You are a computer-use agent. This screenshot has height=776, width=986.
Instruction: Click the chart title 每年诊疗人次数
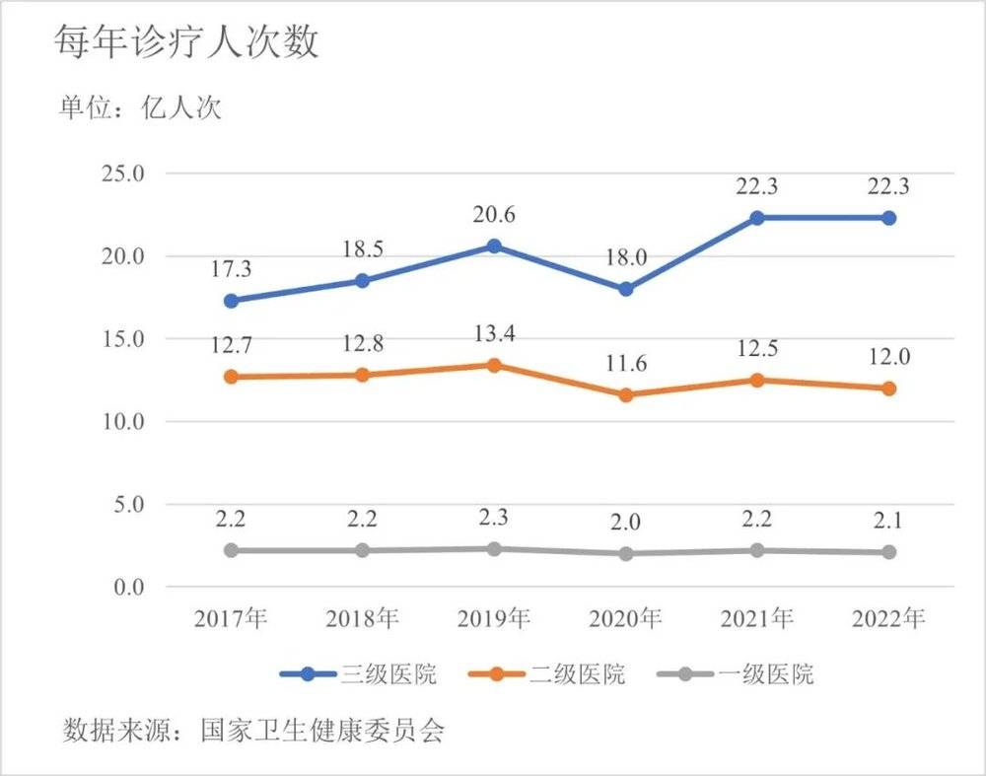click(186, 43)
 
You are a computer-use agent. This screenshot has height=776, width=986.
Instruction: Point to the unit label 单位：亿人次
click(139, 107)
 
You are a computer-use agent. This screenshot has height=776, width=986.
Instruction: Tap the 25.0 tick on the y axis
click(123, 174)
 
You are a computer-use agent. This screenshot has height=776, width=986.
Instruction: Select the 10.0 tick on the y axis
click(123, 421)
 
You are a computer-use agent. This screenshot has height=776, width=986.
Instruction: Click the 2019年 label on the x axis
click(493, 618)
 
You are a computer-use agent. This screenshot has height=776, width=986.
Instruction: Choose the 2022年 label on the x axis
click(888, 618)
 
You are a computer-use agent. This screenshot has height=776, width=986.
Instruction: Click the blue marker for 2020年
click(625, 289)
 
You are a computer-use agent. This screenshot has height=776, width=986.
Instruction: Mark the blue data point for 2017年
click(231, 301)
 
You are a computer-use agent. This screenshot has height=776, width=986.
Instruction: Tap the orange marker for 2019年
click(493, 365)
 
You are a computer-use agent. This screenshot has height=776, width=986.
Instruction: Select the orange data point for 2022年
click(888, 388)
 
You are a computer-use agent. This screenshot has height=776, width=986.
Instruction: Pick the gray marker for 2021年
click(756, 550)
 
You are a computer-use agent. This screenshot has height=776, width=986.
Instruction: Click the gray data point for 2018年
click(362, 550)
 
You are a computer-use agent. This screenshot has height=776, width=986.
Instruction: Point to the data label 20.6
click(493, 215)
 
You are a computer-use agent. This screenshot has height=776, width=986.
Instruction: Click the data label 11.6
click(625, 364)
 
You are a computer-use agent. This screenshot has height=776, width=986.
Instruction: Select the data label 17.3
click(231, 268)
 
